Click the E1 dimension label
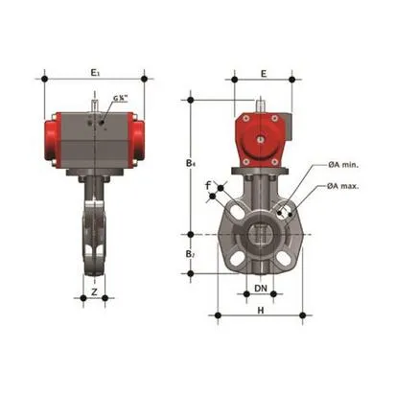click(93, 73)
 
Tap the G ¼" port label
click(119, 99)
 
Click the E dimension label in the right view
click(263, 73)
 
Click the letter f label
click(208, 199)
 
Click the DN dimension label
click(261, 287)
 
